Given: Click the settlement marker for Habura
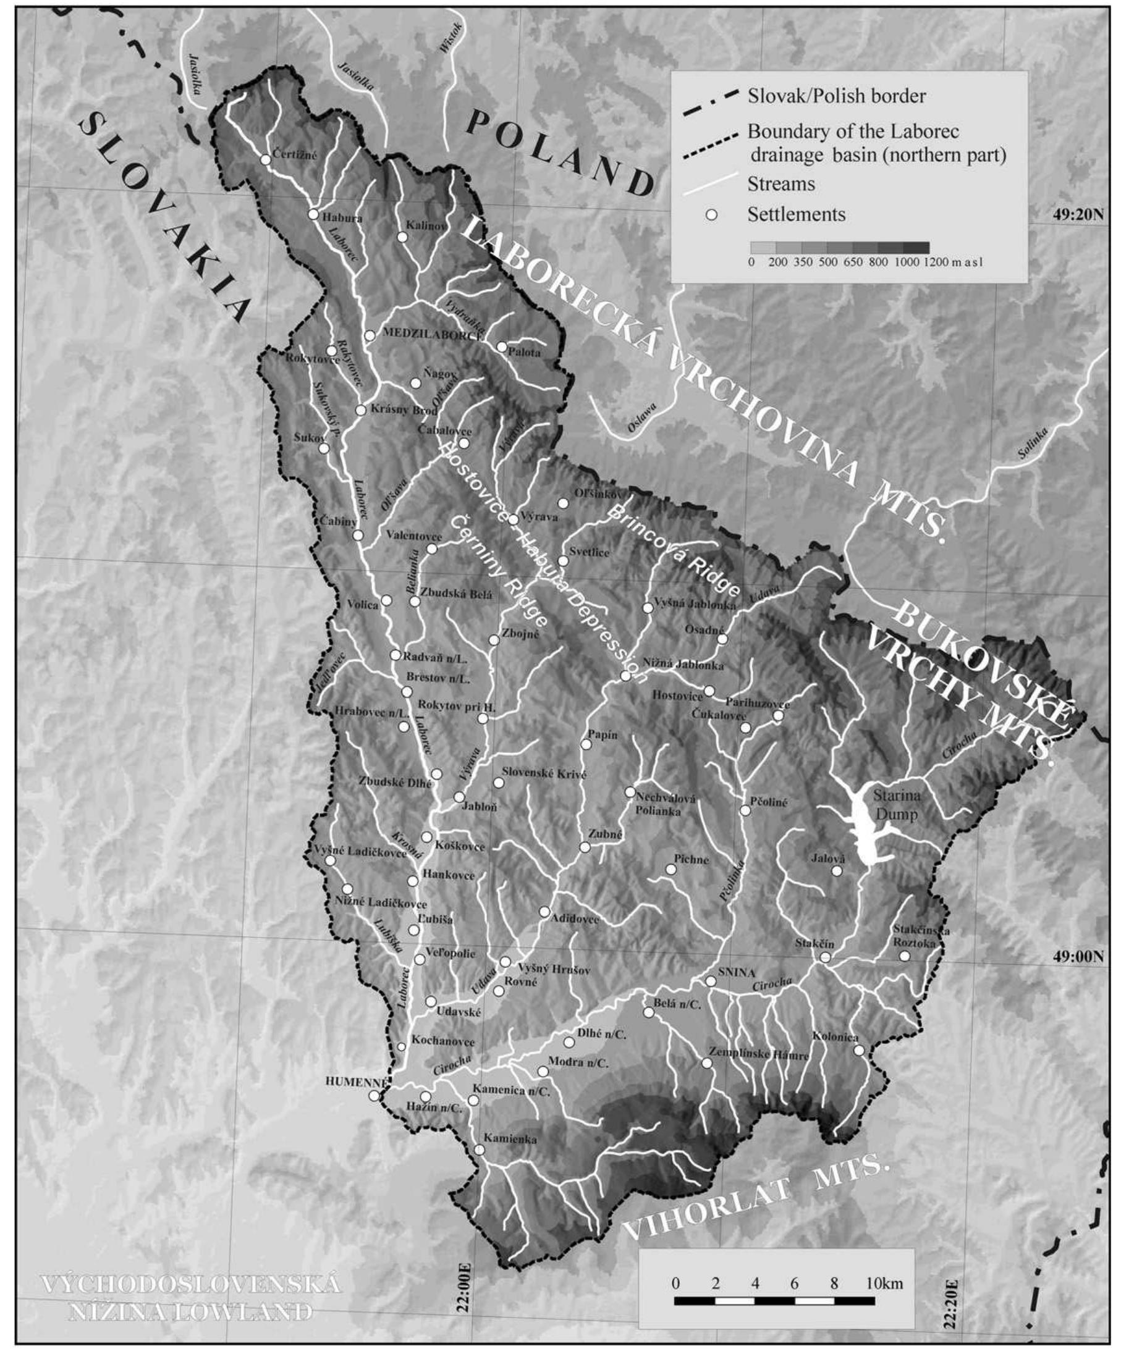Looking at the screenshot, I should click(x=313, y=214).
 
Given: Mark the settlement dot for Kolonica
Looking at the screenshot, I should click(x=859, y=1049).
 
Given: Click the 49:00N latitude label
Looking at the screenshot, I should click(x=1078, y=974).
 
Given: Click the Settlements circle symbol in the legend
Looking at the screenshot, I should click(x=711, y=214).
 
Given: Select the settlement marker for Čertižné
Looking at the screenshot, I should click(x=266, y=159).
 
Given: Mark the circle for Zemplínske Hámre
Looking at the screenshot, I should click(x=706, y=1063).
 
